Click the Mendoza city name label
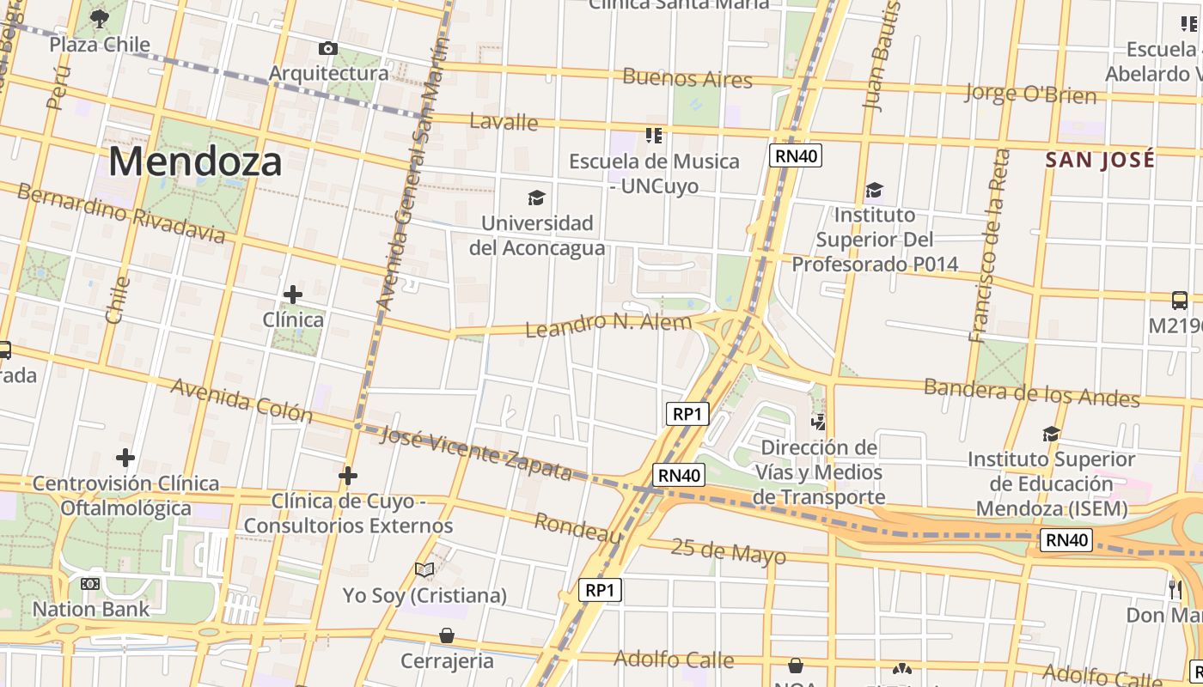pyautogui.click(x=195, y=161)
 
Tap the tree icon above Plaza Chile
pyautogui.click(x=100, y=18)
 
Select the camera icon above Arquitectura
pyautogui.click(x=327, y=48)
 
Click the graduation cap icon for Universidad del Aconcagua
pyautogui.click(x=536, y=198)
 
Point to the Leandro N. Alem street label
pyautogui.click(x=608, y=325)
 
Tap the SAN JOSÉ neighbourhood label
pyautogui.click(x=1100, y=160)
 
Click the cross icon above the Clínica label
pyautogui.click(x=293, y=295)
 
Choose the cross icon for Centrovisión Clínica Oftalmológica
pyautogui.click(x=125, y=458)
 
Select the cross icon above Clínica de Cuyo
pyautogui.click(x=348, y=475)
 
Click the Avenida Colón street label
pyautogui.click(x=241, y=400)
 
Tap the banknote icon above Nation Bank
pyautogui.click(x=90, y=584)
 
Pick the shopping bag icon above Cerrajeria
pyautogui.click(x=447, y=635)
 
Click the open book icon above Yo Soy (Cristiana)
pyautogui.click(x=424, y=569)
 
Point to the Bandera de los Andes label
pyautogui.click(x=1031, y=392)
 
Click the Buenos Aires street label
pyautogui.click(x=687, y=79)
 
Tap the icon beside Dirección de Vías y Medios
pyautogui.click(x=819, y=422)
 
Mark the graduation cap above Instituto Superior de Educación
pyautogui.click(x=1051, y=434)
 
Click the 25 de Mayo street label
pyautogui.click(x=728, y=551)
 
